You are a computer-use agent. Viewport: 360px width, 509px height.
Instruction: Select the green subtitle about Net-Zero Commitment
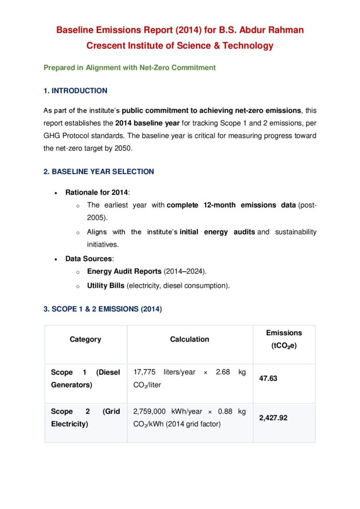point(129,68)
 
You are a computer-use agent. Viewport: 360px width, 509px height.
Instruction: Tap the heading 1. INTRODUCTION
point(76,90)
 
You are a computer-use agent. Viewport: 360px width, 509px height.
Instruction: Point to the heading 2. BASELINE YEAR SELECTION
point(99,171)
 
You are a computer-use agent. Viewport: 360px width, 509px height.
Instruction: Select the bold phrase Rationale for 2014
point(96,192)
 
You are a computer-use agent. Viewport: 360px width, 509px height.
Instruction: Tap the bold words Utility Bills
point(105,286)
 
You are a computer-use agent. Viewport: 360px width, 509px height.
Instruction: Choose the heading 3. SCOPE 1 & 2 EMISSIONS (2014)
point(103,309)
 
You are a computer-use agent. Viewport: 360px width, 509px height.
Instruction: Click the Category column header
point(86,339)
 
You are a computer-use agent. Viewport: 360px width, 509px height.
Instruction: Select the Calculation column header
point(189,339)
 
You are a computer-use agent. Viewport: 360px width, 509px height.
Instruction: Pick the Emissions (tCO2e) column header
point(284,339)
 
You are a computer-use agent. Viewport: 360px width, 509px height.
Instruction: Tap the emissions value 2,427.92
point(273,418)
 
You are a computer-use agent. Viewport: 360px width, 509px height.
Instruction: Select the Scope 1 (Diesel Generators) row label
point(86,378)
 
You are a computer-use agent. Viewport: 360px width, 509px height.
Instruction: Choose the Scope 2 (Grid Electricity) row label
point(86,418)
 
